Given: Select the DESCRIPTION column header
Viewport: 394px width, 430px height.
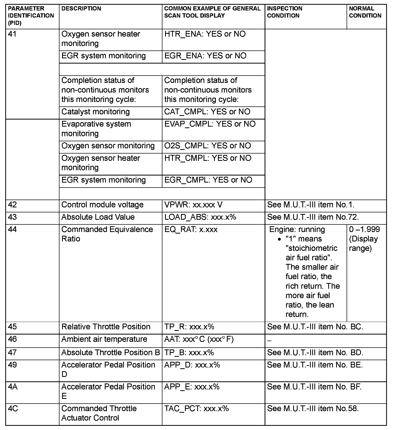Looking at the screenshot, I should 81,9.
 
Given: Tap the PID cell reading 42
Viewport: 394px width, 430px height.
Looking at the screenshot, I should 13,205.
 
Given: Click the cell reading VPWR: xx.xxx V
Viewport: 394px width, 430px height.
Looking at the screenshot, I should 193,205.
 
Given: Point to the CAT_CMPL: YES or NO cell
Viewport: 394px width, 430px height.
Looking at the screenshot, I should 207,112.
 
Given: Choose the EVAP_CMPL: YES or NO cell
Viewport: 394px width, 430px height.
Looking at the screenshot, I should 210,124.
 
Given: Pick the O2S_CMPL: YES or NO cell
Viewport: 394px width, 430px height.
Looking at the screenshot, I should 207,146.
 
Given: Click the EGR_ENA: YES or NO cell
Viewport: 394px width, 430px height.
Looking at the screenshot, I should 205,56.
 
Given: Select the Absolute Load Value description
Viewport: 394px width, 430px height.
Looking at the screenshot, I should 98,217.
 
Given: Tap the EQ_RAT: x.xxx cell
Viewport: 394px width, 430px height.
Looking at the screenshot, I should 191,229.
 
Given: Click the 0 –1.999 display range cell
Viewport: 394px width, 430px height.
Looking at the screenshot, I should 364,239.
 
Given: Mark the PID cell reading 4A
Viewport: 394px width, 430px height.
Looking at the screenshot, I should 13,387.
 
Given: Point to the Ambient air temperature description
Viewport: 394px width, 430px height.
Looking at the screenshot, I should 104,339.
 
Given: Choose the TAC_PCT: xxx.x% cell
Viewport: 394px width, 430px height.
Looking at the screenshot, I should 196,409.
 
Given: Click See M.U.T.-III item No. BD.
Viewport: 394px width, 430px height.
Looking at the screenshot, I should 315,353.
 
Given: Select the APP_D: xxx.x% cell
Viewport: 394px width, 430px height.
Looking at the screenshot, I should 192,365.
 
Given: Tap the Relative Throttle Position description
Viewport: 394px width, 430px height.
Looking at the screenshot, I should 106,327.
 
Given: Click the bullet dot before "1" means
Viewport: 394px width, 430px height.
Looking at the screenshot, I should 280,239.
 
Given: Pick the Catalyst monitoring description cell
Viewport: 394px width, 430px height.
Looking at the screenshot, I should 96,112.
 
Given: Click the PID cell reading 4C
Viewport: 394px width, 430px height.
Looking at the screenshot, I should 13,409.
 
